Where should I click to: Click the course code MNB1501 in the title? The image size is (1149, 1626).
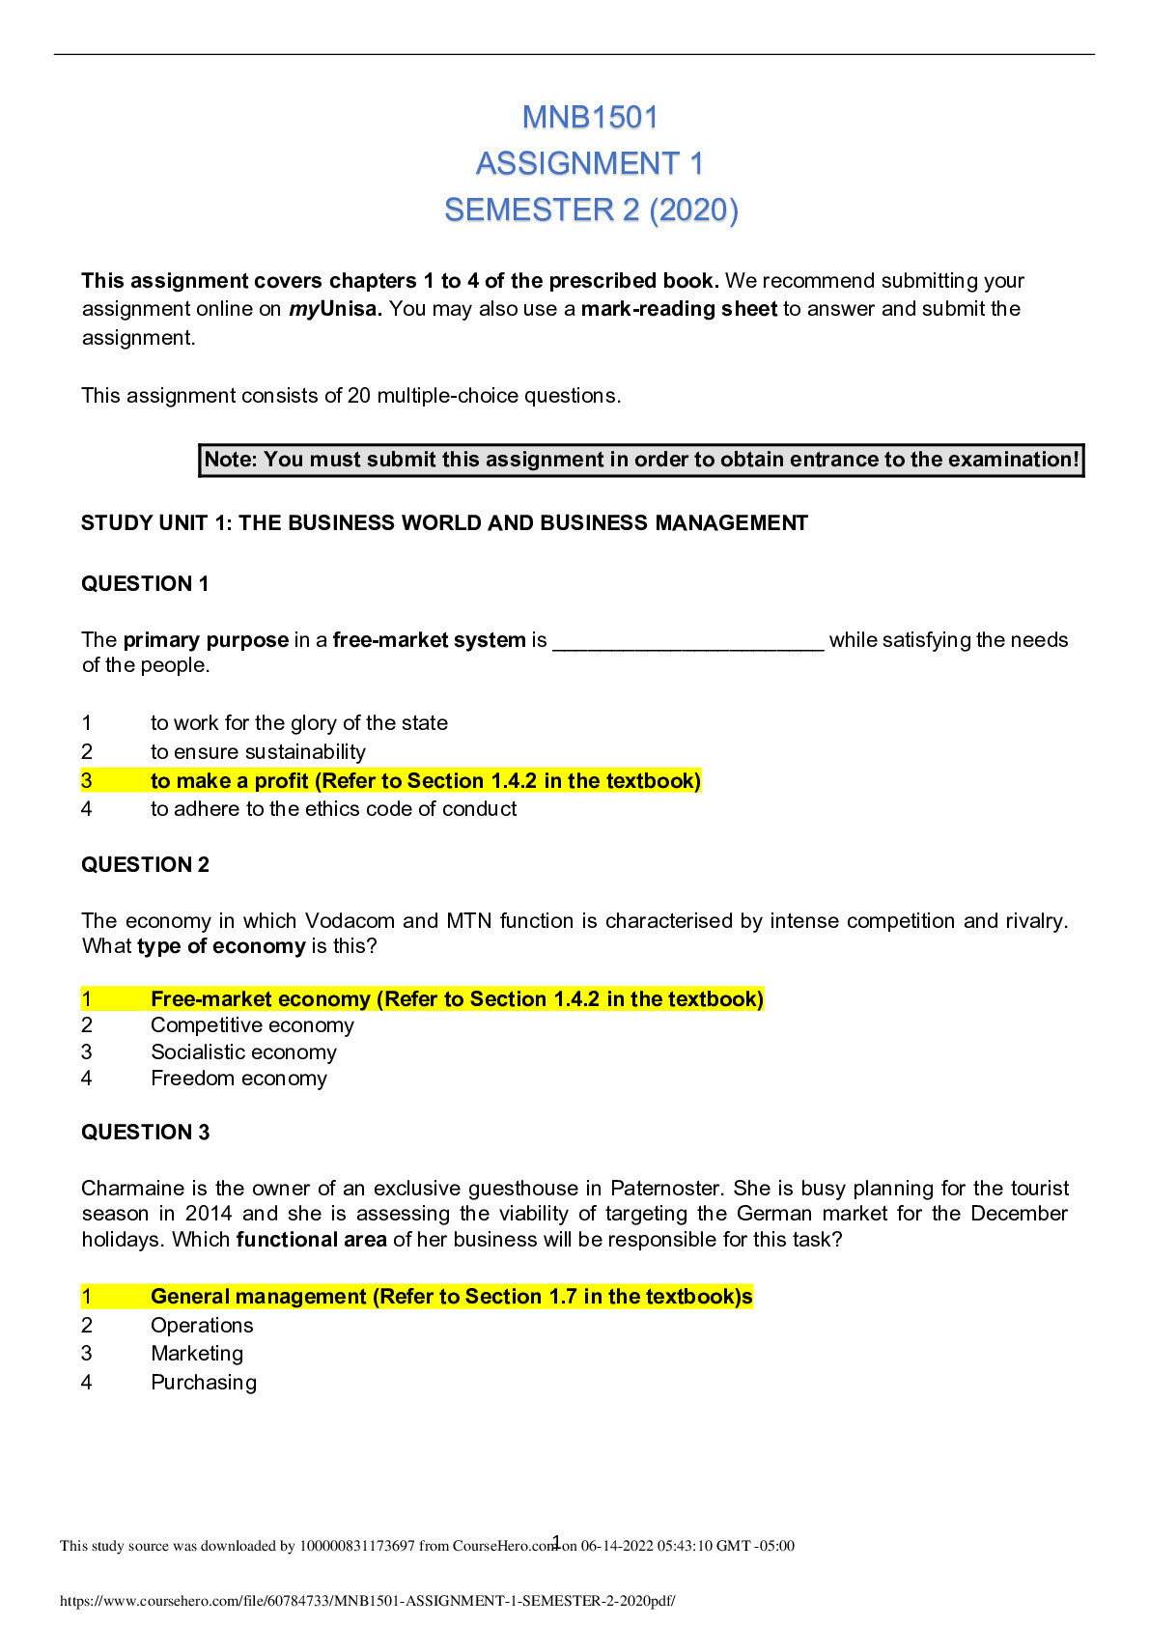point(590,118)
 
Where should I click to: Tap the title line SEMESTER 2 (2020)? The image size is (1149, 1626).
point(591,210)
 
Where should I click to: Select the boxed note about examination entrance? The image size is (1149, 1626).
point(641,460)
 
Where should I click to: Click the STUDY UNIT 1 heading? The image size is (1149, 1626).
point(444,523)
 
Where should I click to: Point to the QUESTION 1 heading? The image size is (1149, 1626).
point(145,584)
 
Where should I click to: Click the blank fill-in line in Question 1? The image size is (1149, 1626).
point(687,641)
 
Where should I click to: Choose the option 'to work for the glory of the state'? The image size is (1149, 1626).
point(298,723)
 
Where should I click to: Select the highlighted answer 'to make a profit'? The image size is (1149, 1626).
point(425,781)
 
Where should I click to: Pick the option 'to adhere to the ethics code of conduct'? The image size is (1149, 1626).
point(333,809)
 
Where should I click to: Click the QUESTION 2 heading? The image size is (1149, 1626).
point(145,865)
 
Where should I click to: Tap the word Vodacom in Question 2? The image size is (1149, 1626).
point(350,921)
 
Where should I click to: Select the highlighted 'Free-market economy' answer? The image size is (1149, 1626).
point(457,999)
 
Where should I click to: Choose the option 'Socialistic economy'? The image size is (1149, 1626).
point(243,1052)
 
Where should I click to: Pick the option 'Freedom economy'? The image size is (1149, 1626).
point(238,1079)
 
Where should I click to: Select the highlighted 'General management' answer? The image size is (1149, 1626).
point(451,1297)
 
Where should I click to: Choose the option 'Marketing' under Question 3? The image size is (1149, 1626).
point(197,1354)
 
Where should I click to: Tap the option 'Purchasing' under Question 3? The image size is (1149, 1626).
point(204,1383)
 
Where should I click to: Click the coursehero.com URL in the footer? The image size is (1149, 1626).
point(367,1601)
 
